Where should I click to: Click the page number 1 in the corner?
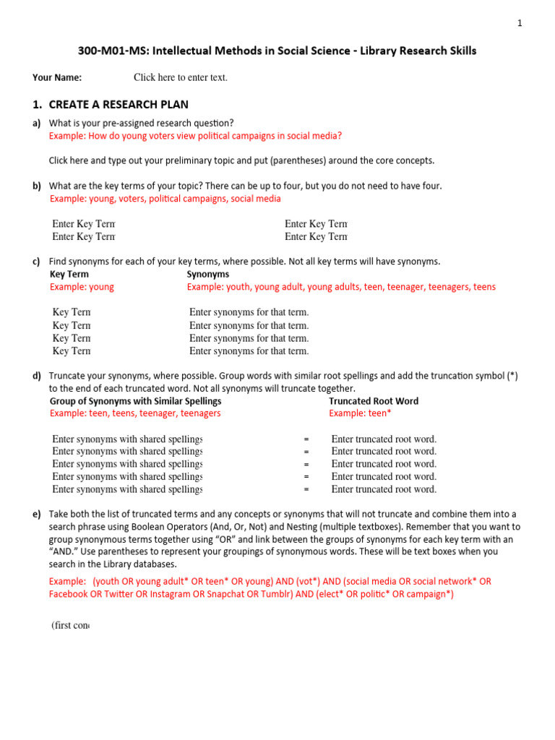point(519,23)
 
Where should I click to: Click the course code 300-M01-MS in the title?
point(113,51)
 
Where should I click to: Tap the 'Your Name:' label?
point(57,77)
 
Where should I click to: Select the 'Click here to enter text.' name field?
point(180,77)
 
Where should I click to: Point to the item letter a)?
point(36,123)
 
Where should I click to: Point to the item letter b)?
point(36,186)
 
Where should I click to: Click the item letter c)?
point(36,262)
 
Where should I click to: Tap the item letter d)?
point(36,376)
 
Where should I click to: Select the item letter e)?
point(36,515)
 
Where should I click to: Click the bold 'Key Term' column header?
point(69,275)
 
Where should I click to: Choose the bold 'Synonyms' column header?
point(208,275)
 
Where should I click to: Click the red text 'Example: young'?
point(82,287)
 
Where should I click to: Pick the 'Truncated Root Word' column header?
point(374,401)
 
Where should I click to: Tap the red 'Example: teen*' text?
point(360,413)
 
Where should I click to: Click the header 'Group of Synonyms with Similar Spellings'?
point(136,401)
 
